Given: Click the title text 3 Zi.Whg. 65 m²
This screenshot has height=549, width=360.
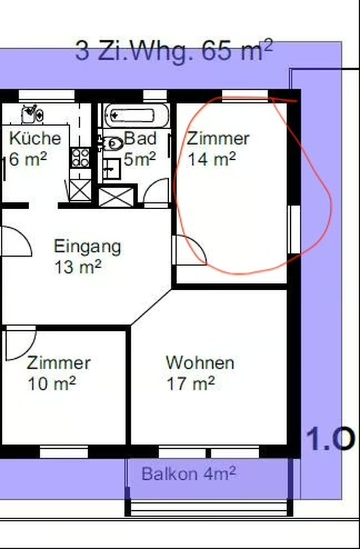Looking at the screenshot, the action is [174, 51].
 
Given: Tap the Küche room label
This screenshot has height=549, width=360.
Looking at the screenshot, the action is [35, 138].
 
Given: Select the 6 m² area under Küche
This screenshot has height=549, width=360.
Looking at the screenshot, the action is [28, 159].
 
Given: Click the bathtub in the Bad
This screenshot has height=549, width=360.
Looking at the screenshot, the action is [136, 115].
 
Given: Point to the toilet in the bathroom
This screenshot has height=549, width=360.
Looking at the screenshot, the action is [112, 144].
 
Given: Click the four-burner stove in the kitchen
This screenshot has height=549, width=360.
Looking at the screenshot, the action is [81, 157].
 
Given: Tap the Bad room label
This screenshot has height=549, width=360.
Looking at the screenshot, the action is [140, 138].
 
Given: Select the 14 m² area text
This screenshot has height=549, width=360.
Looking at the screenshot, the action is [212, 159].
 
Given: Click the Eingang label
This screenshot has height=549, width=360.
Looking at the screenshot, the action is [87, 247].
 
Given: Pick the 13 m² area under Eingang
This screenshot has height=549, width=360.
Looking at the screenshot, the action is [78, 267].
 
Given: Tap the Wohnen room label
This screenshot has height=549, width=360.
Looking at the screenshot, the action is [200, 363].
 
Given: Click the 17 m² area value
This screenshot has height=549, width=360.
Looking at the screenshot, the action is [191, 383].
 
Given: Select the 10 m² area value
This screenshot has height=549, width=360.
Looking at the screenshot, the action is [52, 383].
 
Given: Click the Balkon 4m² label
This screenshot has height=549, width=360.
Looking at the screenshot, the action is [189, 473].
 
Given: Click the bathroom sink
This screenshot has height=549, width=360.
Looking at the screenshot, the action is [112, 169].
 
